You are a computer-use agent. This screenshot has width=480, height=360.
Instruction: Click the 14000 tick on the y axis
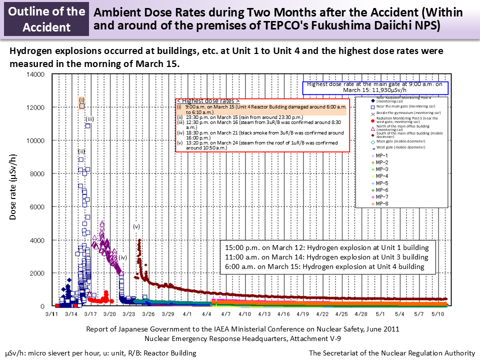tap(36, 74)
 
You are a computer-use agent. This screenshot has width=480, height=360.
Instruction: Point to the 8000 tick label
tap(37, 173)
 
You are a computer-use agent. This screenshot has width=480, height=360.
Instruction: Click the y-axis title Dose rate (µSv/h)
tap(14, 190)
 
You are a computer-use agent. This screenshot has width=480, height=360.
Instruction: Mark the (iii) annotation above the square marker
tap(89, 119)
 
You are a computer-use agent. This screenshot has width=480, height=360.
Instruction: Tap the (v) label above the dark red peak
tap(136, 226)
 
